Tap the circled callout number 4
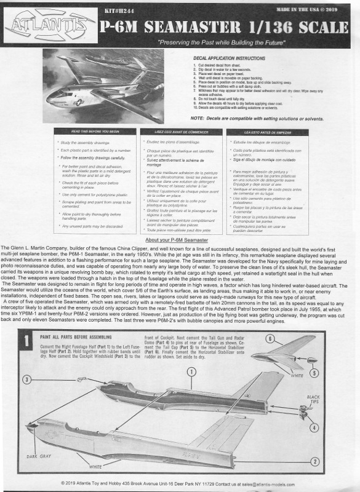coord(315,428)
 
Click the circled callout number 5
coord(315,373)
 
